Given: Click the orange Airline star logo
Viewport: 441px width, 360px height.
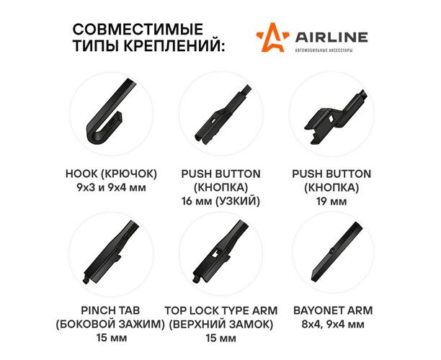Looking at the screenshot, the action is [272, 37].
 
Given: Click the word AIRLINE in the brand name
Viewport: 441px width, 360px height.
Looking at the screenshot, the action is [331, 37].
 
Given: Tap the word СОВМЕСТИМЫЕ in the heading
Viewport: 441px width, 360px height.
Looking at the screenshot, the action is [138, 30].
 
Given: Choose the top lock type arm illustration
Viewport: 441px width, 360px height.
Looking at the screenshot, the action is [220, 251].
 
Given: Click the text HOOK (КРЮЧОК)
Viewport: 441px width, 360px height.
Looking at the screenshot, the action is [111, 174].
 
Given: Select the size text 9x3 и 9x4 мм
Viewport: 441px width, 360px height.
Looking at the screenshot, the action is [111, 187].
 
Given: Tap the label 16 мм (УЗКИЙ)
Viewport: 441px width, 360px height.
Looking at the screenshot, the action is [220, 201].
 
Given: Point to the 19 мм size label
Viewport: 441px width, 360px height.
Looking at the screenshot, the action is [331, 201].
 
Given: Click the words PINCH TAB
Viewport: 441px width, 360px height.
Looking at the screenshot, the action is [110, 310].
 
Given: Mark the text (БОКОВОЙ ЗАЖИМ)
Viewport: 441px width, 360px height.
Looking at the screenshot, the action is [110, 324].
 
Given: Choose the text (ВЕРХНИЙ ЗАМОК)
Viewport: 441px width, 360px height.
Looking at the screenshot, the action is [220, 324].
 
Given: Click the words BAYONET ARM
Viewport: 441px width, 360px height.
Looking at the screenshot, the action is [333, 310].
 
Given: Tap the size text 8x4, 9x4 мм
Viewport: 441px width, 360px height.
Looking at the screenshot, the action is [333, 324].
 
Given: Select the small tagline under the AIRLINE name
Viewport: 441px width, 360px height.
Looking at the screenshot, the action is [324, 50].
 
